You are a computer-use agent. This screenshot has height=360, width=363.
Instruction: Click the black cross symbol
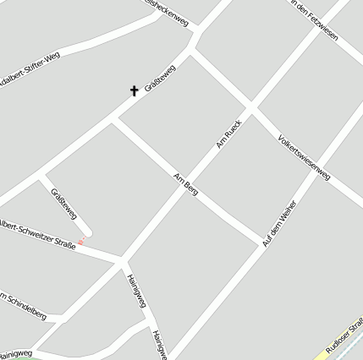pyautogui.click(x=134, y=90)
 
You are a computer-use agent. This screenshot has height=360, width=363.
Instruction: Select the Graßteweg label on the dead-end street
pyautogui.click(x=64, y=204)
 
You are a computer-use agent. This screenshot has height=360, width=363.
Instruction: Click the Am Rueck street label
pyautogui.click(x=228, y=134)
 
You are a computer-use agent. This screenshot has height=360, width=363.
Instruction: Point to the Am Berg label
pyautogui.click(x=185, y=183)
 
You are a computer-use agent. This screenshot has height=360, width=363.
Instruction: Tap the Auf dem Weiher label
pyautogui.click(x=279, y=223)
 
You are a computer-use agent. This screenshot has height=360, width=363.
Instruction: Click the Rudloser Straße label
pyautogui.click(x=345, y=336)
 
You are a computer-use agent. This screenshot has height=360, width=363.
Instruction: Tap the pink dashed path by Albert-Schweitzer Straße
pyautogui.click(x=80, y=243)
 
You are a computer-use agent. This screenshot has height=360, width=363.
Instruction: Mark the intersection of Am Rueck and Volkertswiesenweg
pyautogui.click(x=250, y=108)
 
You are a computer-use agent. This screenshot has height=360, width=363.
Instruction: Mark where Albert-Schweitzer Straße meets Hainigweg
pyautogui.click(x=122, y=257)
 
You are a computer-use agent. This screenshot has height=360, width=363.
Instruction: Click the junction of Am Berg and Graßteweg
pyautogui.click(x=114, y=120)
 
